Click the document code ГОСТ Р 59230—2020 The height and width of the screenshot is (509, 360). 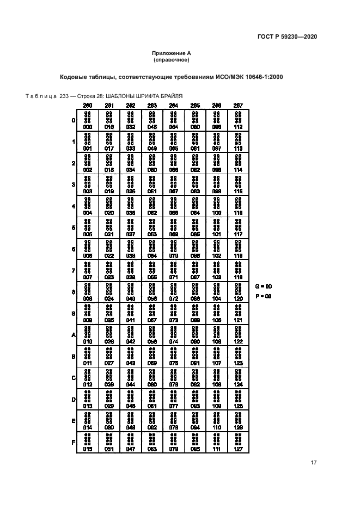click(287, 36)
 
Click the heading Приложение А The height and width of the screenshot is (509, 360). click(171, 53)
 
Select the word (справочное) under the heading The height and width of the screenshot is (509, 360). click(171, 59)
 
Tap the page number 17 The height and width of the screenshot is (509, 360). click(313, 463)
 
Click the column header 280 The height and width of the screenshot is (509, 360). click(88, 105)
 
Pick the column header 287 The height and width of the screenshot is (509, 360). click(238, 105)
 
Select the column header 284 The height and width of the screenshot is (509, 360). click(174, 105)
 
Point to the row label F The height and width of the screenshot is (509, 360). click(74, 441)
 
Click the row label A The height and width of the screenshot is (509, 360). click(74, 335)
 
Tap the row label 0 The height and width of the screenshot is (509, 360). click(74, 120)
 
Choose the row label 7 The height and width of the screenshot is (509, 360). click(74, 271)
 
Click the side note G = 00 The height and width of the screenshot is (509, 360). click(263, 286)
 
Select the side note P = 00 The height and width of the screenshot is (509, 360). click(263, 296)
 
